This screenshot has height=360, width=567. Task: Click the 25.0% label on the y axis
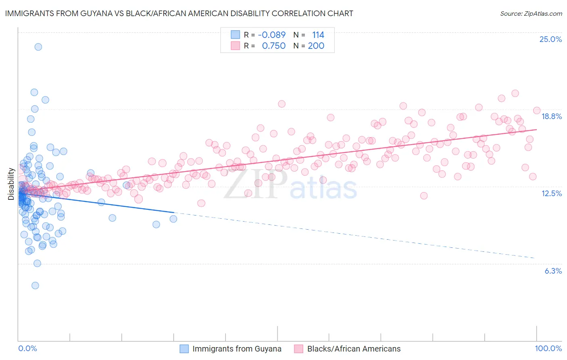[x=550, y=39]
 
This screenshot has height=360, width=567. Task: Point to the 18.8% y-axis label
[x=551, y=116]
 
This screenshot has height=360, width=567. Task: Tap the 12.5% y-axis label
[x=551, y=193]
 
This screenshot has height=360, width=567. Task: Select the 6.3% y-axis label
[x=553, y=271]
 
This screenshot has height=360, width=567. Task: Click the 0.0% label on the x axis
[x=27, y=348]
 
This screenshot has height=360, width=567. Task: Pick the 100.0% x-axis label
[x=548, y=348]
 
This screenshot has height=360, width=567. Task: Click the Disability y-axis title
[x=11, y=184]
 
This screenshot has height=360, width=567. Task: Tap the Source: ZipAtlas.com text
[x=531, y=13]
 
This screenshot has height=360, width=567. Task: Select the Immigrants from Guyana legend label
[x=237, y=349]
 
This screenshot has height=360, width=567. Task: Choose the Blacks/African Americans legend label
[x=354, y=349]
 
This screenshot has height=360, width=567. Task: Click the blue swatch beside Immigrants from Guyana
[x=184, y=349]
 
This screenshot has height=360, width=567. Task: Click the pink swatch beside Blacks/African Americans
[x=299, y=349]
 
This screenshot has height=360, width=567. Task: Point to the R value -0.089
[x=271, y=35]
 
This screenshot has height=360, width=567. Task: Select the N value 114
[x=318, y=35]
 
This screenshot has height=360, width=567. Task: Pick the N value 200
[x=316, y=46]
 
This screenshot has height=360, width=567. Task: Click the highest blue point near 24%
[x=38, y=47]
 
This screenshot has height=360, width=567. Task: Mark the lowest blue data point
[x=35, y=285]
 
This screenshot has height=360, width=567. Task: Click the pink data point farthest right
[x=537, y=111]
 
